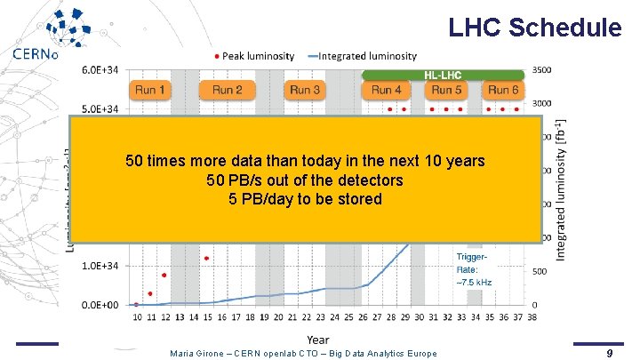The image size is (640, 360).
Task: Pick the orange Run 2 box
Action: (227, 90)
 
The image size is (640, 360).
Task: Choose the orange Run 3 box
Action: (305, 90)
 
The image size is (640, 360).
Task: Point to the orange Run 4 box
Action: (387, 90)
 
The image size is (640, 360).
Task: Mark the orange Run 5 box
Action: (447, 90)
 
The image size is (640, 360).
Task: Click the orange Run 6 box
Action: (502, 90)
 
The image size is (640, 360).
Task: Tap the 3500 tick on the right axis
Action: (544, 68)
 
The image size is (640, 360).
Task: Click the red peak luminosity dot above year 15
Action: (206, 259)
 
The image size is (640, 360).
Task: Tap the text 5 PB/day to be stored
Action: (305, 199)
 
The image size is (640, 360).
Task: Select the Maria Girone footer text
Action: (303, 353)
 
